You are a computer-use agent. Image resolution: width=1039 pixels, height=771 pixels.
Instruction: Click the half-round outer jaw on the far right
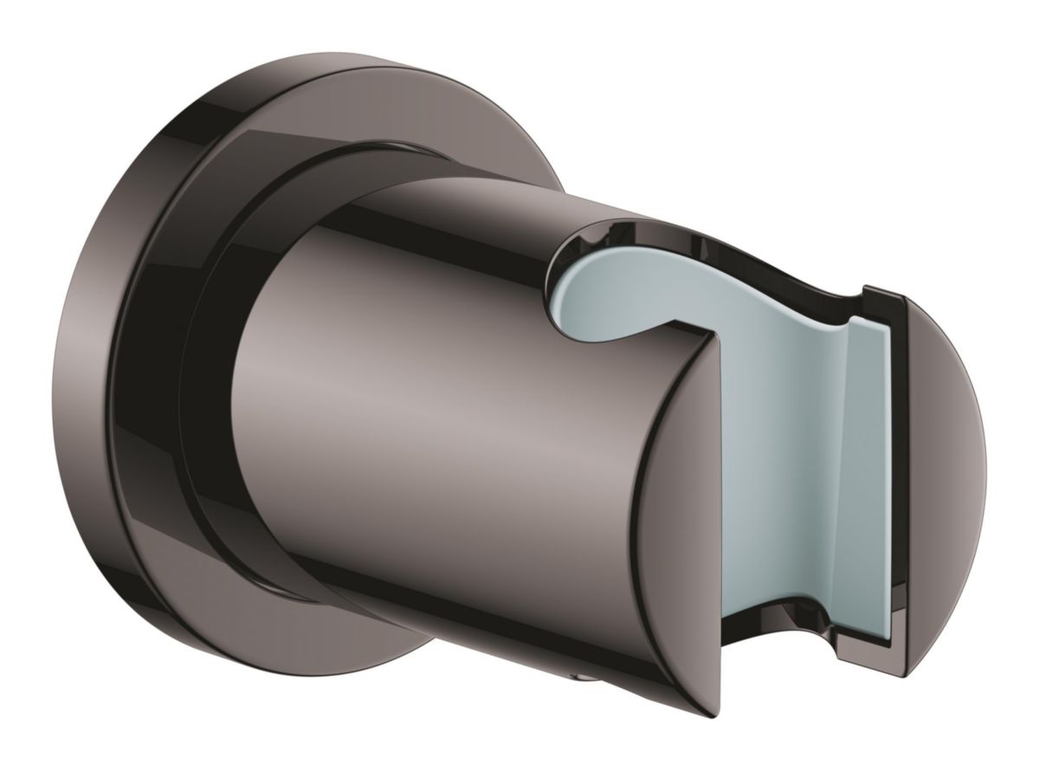tap(944, 433)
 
